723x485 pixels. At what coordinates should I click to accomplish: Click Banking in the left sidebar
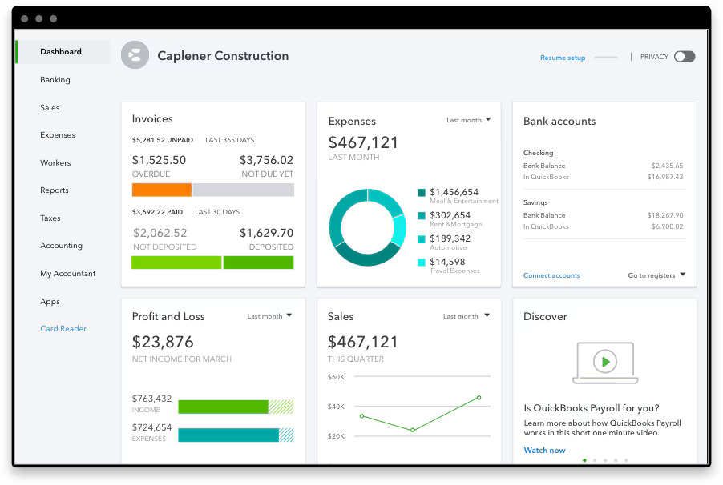point(55,80)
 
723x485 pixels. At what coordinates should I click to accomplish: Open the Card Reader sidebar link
point(63,329)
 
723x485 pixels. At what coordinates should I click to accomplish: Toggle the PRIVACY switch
point(684,57)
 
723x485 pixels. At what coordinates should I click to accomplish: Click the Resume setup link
point(563,58)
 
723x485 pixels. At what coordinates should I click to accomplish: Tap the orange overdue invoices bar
point(162,190)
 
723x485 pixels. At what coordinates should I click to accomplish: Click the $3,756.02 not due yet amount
point(266,160)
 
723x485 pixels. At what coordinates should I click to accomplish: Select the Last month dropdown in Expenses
point(468,120)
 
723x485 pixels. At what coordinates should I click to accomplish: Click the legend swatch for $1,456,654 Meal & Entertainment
point(422,193)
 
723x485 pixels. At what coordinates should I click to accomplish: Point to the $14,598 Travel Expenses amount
point(447,262)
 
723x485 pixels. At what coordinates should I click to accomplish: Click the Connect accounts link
point(551,275)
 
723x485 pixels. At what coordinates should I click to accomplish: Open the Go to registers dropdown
point(656,275)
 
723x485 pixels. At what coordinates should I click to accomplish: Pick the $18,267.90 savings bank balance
point(665,215)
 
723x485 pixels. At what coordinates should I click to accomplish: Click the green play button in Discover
point(605,362)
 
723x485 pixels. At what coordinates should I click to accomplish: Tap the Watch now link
point(544,450)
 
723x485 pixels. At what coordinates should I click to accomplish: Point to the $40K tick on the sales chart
point(336,407)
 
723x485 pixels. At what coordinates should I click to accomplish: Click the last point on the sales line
point(479,397)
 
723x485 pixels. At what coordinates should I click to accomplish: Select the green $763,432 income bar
point(223,407)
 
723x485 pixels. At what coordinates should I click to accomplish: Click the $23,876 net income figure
point(163,342)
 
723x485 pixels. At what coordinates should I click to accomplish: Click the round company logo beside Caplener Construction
point(135,55)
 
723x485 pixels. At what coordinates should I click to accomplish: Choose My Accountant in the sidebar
point(68,274)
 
